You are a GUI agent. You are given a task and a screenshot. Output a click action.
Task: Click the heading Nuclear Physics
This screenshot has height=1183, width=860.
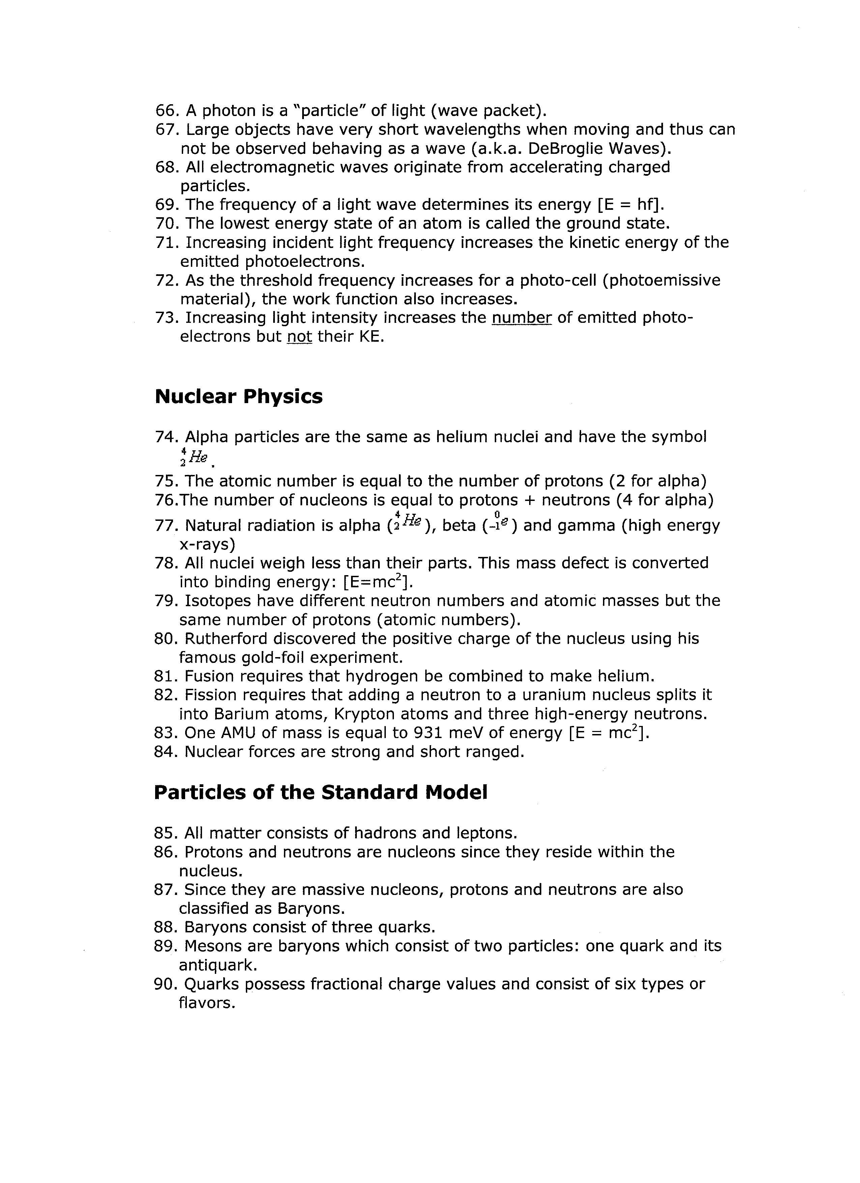(x=238, y=396)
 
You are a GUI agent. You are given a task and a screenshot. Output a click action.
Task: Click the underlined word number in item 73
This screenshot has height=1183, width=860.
(x=521, y=318)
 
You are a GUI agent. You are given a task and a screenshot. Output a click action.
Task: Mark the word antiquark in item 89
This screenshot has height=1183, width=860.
(x=218, y=965)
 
